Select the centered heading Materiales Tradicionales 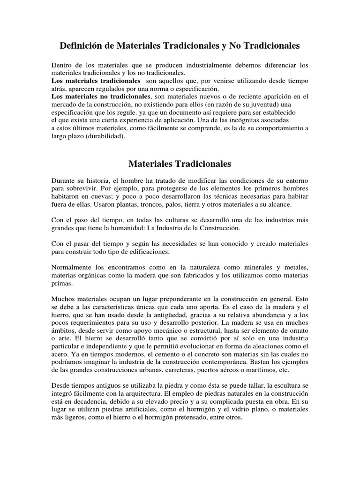pos(180,164)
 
